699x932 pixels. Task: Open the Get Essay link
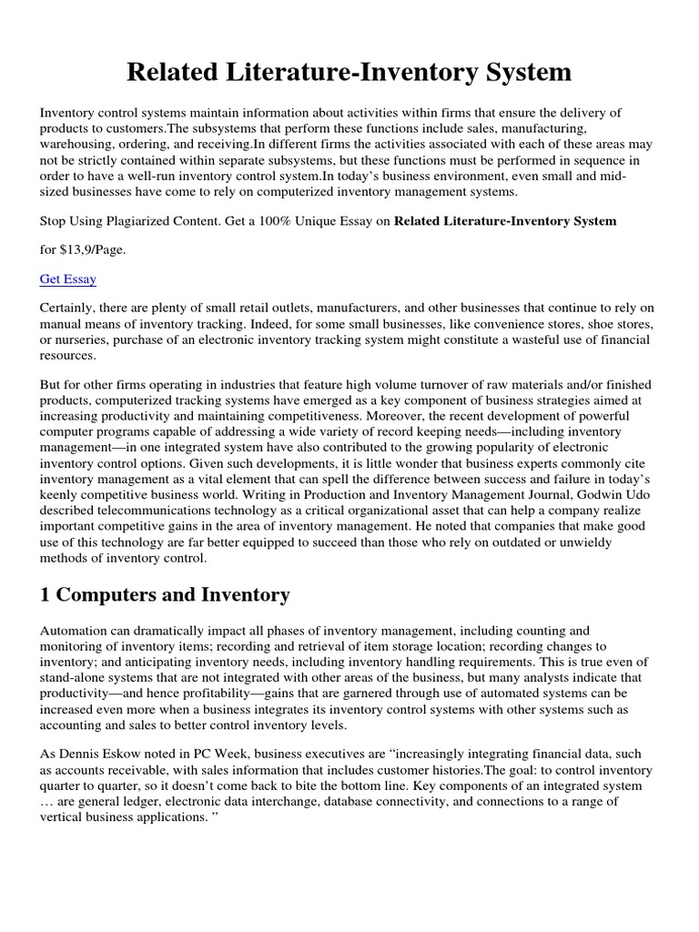click(68, 279)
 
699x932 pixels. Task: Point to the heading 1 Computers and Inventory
click(165, 595)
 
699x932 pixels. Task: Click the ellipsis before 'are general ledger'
click(46, 801)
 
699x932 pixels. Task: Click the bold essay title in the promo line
click(504, 220)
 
